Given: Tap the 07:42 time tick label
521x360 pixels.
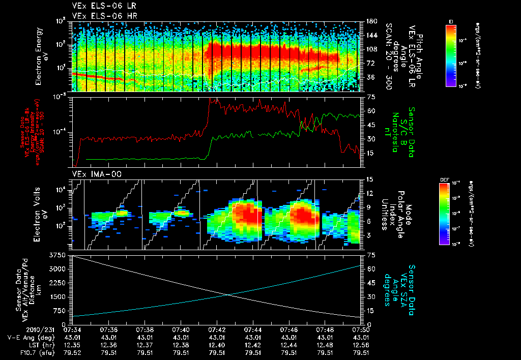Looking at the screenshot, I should (217, 329).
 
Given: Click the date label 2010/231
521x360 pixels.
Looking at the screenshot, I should (19, 329).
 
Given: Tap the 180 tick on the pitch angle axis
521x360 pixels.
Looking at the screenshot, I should (370, 21).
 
